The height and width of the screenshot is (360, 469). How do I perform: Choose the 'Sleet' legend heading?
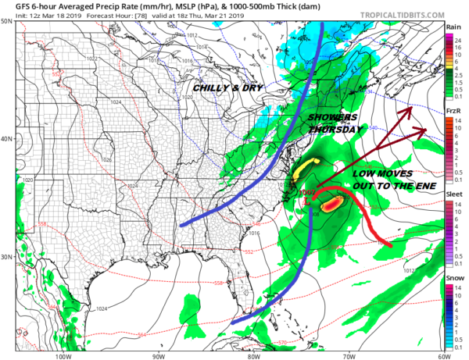click(x=453, y=192)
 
